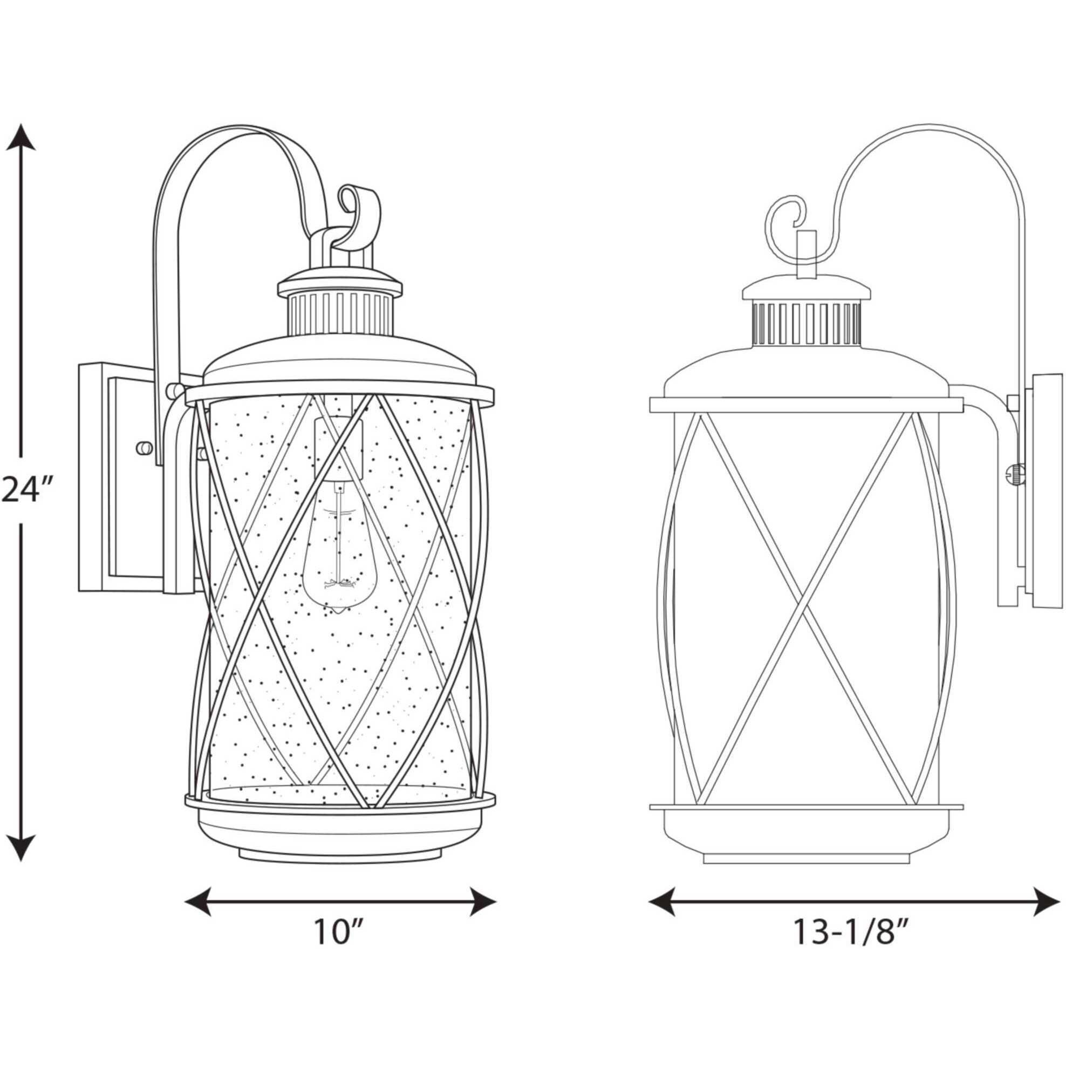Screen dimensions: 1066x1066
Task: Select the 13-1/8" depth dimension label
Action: pos(850,932)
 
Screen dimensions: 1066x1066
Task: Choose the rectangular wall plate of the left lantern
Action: pos(119,477)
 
